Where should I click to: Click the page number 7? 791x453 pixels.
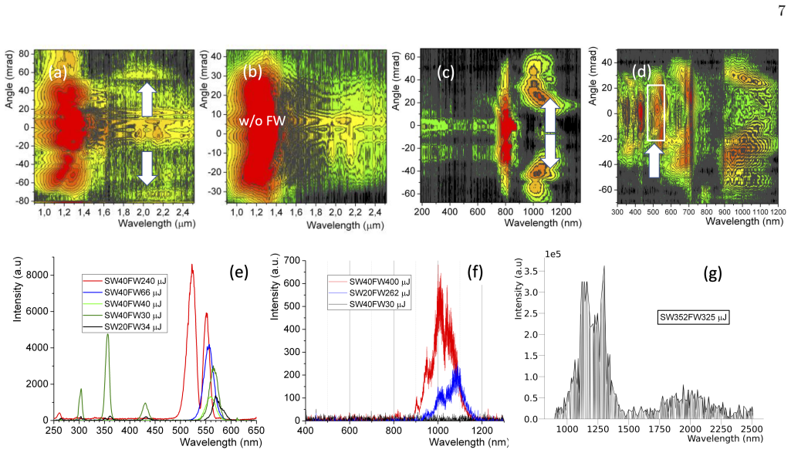pos(782,11)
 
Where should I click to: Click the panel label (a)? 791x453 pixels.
pos(58,73)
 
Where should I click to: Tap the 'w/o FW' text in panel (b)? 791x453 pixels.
pos(262,120)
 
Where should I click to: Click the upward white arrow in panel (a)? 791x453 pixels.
pos(147,100)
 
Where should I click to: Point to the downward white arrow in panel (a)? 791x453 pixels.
pos(147,168)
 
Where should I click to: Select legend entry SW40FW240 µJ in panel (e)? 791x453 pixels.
pos(135,281)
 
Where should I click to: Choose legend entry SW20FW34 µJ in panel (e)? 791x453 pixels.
pos(133,327)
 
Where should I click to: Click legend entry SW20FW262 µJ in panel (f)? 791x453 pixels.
pos(380,293)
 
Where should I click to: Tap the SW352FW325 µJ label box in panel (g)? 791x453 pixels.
pos(694,317)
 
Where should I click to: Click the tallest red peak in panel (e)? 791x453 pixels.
pos(191,265)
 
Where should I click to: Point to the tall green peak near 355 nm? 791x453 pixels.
pos(107,335)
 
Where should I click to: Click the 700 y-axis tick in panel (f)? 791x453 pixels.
pos(292,260)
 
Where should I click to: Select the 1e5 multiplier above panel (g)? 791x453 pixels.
pos(553,254)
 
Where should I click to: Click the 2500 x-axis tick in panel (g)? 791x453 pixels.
pos(752,429)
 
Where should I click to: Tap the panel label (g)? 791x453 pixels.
pos(713,273)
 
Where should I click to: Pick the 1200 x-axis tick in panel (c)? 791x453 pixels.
pos(561,212)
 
